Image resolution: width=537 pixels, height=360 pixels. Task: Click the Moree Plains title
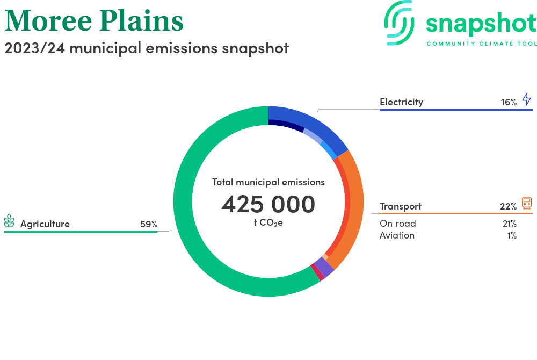[94, 21]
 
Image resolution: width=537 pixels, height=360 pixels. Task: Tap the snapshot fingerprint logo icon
[399, 23]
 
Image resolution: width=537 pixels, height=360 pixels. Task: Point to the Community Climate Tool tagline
[482, 44]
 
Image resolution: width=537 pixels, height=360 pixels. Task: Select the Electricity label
[401, 102]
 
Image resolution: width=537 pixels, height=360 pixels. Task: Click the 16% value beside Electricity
[509, 102]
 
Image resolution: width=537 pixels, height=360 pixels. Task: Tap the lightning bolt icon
[527, 99]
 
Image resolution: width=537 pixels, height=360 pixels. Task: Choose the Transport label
[401, 206]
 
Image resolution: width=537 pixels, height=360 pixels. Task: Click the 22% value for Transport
[508, 206]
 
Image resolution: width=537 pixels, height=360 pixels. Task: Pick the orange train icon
[527, 203]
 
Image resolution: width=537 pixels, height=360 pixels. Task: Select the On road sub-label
[397, 224]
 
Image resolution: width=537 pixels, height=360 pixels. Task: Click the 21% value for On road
[510, 224]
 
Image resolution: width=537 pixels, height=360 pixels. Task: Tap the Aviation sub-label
[397, 235]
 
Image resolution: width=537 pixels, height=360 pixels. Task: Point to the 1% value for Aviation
[512, 235]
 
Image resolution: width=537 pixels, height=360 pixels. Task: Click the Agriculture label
[45, 224]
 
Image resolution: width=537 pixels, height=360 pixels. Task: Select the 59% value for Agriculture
[149, 224]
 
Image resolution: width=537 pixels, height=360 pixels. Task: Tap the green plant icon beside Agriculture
[9, 221]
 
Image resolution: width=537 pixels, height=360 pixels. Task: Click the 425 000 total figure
[268, 204]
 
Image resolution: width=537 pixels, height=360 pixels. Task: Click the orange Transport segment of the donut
[355, 205]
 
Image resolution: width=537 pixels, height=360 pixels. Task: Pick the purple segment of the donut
[324, 267]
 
